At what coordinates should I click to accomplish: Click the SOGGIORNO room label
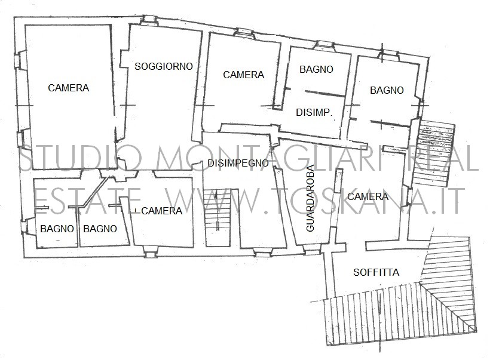click(164, 66)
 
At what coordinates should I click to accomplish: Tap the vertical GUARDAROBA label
click(310, 198)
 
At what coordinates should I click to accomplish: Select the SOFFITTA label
click(376, 272)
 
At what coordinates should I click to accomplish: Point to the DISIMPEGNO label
click(238, 163)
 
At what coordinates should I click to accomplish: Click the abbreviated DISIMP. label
click(314, 112)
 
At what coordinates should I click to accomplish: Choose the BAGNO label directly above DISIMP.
click(316, 69)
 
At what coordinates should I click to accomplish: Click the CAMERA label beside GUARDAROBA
click(368, 196)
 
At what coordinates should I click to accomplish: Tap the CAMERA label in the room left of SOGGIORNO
click(68, 88)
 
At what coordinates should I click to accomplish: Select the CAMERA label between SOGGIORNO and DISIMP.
click(244, 75)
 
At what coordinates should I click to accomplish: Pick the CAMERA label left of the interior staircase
click(161, 211)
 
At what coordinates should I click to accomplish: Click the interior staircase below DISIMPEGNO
click(217, 217)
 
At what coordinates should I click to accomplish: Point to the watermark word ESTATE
click(87, 201)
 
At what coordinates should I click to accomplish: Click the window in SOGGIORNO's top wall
click(149, 20)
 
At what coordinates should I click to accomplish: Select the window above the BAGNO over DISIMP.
click(326, 45)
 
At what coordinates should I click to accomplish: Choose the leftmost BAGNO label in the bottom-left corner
click(57, 229)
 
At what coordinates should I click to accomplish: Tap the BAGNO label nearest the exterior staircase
click(387, 90)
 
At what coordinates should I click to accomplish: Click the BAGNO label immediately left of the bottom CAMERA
click(100, 229)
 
